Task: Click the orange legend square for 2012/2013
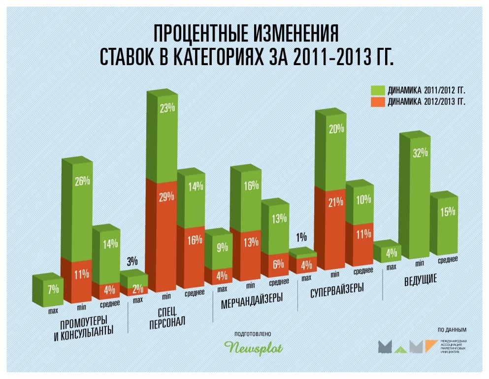pyautogui.click(x=379, y=102)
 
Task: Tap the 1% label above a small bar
pyautogui.click(x=301, y=236)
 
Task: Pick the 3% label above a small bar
pyautogui.click(x=132, y=261)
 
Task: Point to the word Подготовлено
pyautogui.click(x=254, y=334)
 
